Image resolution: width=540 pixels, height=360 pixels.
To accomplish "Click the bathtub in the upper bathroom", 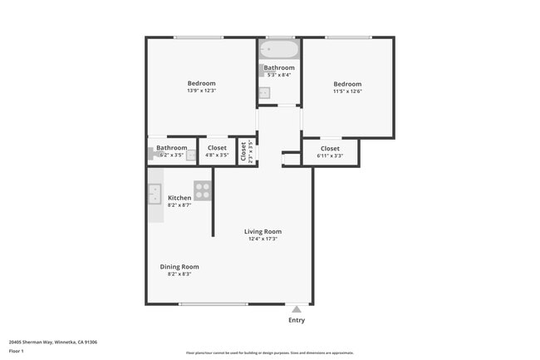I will [x=278, y=50].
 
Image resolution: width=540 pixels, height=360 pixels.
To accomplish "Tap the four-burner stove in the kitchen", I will [x=203, y=190].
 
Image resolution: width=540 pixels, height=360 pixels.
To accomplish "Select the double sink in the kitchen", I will [x=155, y=194].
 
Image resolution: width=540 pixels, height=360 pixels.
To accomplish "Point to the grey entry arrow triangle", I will [x=297, y=308].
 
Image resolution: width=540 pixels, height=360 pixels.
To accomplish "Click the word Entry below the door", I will [x=297, y=320].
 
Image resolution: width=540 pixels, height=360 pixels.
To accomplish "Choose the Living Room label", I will [x=263, y=231].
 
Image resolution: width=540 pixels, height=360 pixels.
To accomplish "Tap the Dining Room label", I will [x=179, y=267].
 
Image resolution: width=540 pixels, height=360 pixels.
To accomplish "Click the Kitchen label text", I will [x=179, y=198].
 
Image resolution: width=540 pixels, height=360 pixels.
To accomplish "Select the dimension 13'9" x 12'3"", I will [x=201, y=91].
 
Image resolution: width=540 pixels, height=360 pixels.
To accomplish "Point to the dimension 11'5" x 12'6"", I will [x=347, y=91].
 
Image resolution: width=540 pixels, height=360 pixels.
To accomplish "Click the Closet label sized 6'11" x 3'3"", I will [x=330, y=149].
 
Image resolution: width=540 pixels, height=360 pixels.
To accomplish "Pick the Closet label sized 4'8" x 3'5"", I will [x=217, y=148].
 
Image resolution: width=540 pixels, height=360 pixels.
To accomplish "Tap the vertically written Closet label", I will [x=244, y=151].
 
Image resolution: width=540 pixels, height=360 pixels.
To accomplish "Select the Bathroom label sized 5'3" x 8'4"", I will [x=279, y=67].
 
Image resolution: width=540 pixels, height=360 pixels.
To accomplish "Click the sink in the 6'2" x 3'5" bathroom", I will [x=191, y=154].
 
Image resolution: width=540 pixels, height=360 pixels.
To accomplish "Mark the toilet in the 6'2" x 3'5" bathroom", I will [x=153, y=153].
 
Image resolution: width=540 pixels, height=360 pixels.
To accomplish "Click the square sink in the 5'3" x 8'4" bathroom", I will [x=264, y=92].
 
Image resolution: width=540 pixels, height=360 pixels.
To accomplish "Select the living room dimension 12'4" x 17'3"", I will [x=263, y=239].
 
